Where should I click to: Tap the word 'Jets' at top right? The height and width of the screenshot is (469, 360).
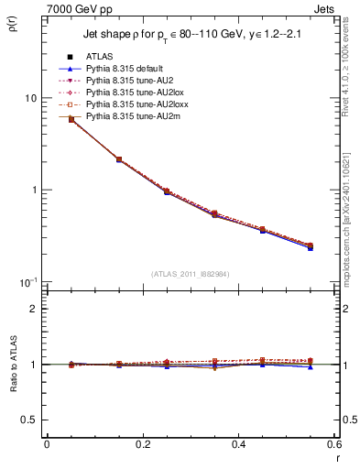[326, 8]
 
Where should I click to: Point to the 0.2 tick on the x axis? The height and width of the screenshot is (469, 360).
[142, 445]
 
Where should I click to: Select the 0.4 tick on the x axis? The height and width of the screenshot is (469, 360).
[239, 445]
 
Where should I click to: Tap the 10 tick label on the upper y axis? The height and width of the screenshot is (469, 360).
[29, 98]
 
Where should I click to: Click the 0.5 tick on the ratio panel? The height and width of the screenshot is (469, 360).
[29, 420]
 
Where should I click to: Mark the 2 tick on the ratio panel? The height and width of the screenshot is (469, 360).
[33, 309]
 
